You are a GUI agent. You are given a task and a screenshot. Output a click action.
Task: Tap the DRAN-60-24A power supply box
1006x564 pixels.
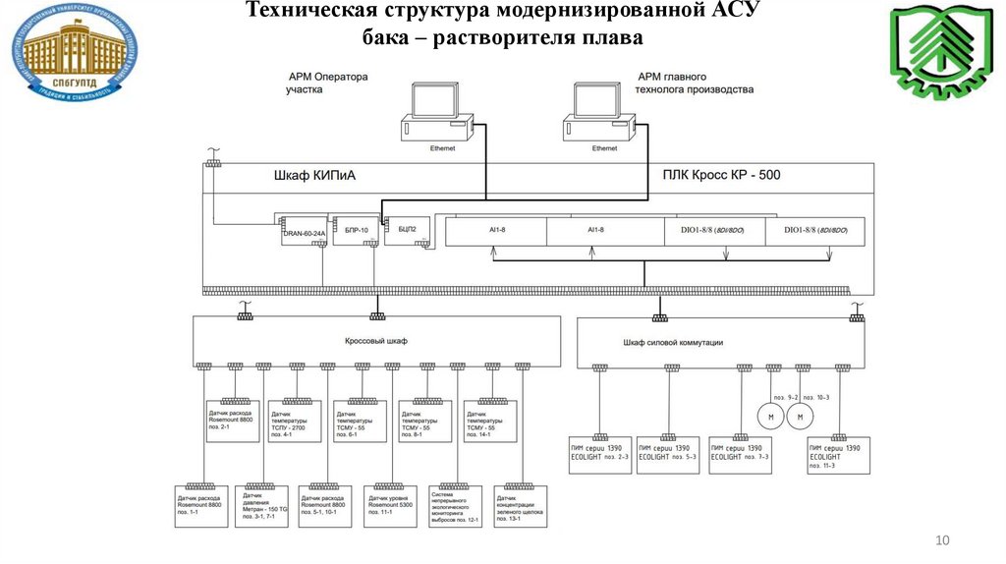[301, 228]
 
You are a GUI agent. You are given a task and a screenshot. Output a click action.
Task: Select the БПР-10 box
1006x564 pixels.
[355, 229]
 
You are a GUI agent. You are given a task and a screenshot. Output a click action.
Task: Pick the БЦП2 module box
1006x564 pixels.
[407, 228]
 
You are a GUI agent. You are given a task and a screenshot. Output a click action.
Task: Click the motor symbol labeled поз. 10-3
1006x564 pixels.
[801, 417]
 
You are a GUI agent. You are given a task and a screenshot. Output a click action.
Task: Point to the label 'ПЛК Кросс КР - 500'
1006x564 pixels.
[721, 176]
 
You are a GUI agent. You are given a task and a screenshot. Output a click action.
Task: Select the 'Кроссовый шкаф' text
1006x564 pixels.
[374, 340]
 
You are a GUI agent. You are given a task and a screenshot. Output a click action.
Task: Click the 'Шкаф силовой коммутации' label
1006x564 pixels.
[673, 342]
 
